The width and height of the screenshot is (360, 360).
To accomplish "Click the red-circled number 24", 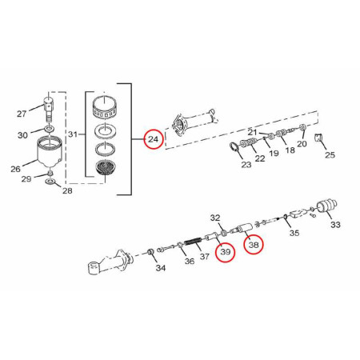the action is [x=153, y=139].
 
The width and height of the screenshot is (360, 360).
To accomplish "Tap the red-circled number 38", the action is [x=254, y=244].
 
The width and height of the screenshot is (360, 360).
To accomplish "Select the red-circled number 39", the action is [x=226, y=251].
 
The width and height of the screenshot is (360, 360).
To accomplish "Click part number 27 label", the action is [x=22, y=114].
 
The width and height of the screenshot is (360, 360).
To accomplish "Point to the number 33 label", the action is [x=335, y=225].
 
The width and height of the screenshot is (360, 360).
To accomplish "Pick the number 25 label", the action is [x=330, y=155].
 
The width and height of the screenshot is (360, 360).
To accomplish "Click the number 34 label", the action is [x=161, y=268].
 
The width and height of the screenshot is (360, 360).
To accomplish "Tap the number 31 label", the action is [x=73, y=134].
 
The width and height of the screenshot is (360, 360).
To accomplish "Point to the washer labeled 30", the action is [x=50, y=129].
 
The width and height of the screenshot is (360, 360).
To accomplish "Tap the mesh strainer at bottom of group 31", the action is [x=106, y=167].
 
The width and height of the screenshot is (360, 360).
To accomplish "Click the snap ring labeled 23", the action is [x=234, y=147].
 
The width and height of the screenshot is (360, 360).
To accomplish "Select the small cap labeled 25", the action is [x=319, y=137].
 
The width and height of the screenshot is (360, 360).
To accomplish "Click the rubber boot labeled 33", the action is [x=327, y=206].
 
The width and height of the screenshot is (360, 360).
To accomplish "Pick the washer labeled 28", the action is [x=50, y=182].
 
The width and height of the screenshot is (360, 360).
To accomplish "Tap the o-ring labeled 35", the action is [x=286, y=216].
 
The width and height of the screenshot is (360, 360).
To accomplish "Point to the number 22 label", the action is [x=260, y=158].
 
